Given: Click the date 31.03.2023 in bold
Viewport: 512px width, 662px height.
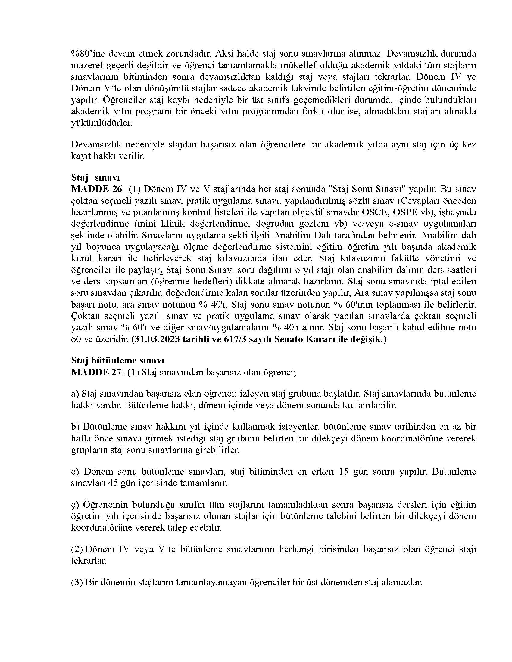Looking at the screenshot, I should pos(158,339).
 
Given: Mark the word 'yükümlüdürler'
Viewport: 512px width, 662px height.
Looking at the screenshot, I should pos(101,123).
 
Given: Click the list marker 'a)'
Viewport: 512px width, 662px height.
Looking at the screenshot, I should pos(75,394).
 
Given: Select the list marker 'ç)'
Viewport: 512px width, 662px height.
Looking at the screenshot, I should pos(75,505).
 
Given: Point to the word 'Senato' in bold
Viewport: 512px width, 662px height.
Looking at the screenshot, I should pos(288,339).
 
